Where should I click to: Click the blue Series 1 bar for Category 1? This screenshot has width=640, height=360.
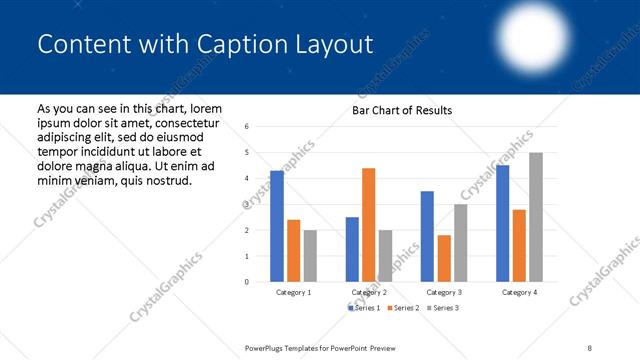(277, 226)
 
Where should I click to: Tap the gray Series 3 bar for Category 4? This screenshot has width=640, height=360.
(536, 217)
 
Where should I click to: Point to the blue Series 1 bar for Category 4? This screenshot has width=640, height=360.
(502, 223)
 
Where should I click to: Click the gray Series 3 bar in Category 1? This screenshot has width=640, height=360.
(310, 256)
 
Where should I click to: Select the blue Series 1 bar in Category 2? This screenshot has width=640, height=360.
(352, 249)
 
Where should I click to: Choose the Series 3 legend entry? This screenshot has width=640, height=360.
(444, 308)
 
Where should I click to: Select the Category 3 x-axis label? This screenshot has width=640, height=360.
(444, 292)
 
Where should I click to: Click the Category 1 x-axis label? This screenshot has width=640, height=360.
(294, 292)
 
